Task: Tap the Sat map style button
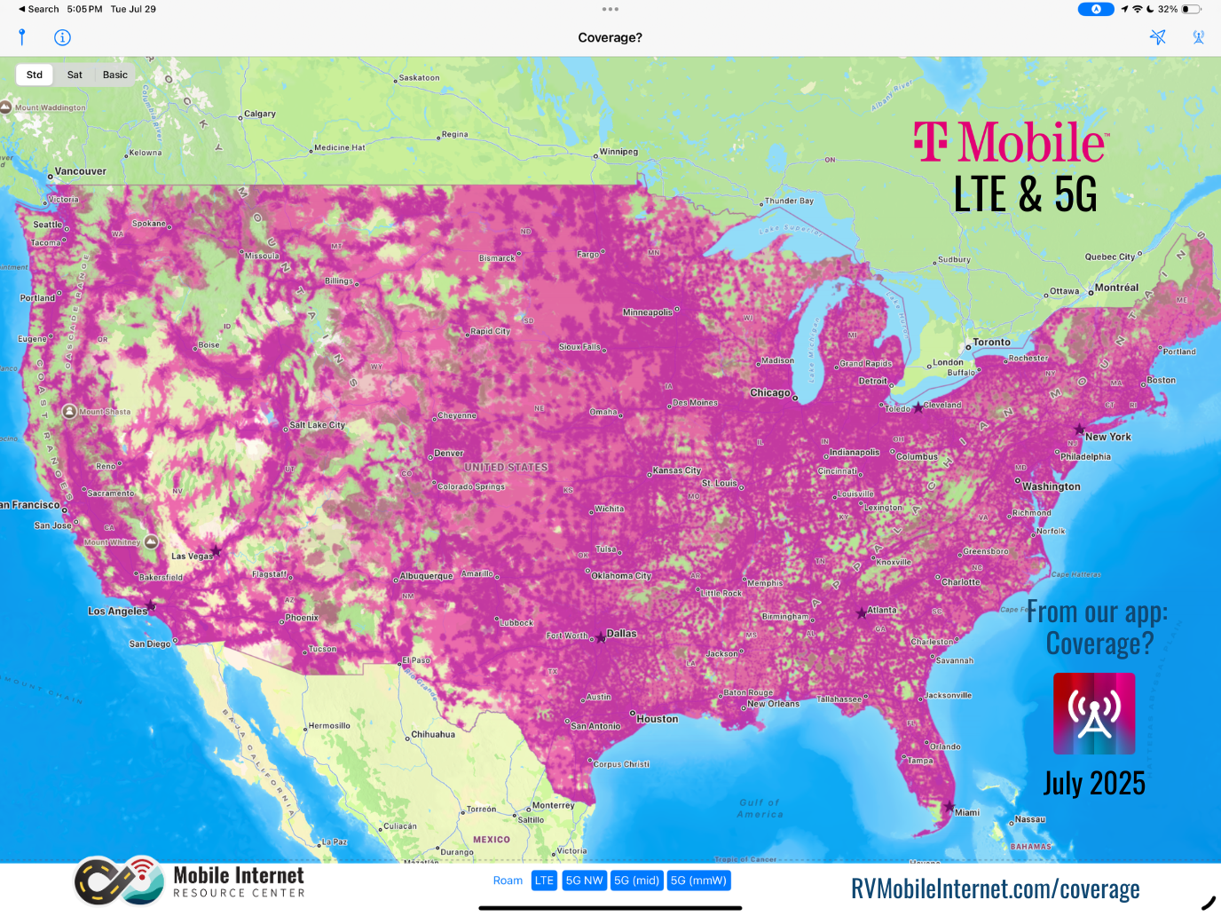(75, 75)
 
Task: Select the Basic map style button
(115, 75)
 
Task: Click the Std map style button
(35, 75)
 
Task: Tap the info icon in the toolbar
(62, 37)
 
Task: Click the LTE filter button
(544, 880)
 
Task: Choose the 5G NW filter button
(584, 880)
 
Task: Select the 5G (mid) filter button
(636, 880)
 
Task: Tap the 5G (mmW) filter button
(698, 880)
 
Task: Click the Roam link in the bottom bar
(508, 880)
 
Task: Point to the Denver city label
(449, 454)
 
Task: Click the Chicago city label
(769, 393)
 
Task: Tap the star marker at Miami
(949, 807)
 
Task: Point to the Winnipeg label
(618, 152)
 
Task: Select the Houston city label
(657, 719)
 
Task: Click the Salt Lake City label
(317, 425)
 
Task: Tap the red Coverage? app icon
(1094, 714)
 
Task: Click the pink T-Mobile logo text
(1010, 143)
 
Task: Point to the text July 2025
(1094, 783)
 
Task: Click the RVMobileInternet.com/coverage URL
(995, 888)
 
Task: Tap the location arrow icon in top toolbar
(1157, 37)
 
